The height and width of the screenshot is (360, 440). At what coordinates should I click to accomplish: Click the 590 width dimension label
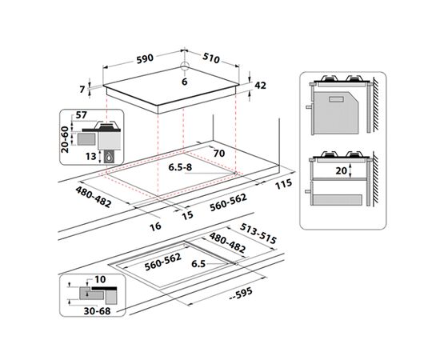click(145, 58)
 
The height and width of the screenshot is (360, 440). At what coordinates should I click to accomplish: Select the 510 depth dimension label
click(210, 58)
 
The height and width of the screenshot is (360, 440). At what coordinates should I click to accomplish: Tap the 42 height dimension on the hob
click(260, 86)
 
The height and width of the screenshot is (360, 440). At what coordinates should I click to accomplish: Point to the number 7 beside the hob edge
click(82, 90)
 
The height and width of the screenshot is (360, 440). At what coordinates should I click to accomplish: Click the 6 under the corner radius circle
click(184, 82)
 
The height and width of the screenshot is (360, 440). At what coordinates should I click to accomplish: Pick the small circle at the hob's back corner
click(184, 66)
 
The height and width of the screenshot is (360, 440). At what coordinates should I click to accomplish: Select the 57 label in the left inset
click(82, 114)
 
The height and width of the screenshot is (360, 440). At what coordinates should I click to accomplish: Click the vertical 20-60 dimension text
click(65, 139)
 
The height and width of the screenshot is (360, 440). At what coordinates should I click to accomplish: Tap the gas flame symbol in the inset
click(109, 158)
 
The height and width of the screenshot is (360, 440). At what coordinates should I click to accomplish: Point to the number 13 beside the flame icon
click(91, 156)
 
